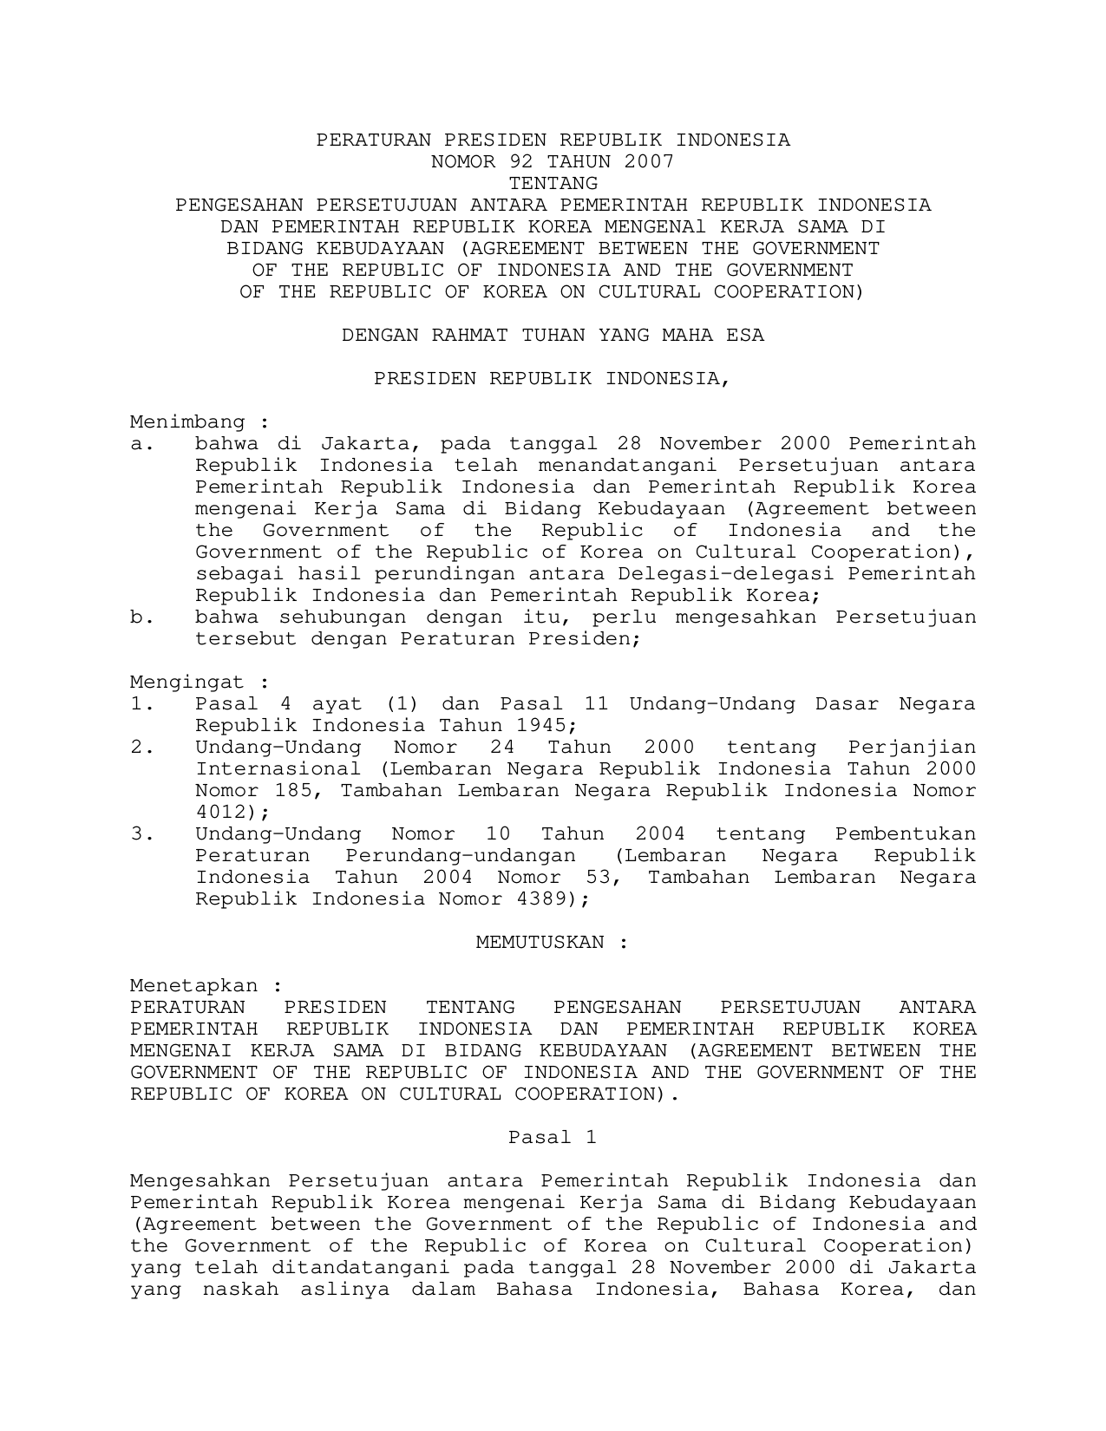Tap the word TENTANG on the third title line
pos(553,183)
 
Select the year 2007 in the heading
pos(649,161)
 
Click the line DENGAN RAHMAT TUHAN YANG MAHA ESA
pos(553,335)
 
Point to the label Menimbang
pos(188,422)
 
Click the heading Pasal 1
pos(553,1137)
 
